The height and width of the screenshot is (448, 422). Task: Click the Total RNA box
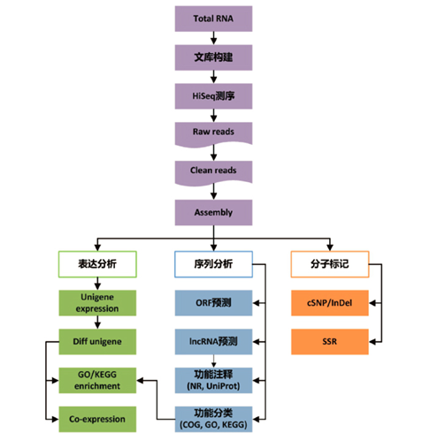pos(211,19)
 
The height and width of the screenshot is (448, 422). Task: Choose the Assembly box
pos(211,212)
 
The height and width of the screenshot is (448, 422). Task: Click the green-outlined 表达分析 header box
pos(97,262)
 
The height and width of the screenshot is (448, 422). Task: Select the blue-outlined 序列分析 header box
pos(211,262)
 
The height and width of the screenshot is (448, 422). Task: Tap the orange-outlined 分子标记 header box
pos(329,262)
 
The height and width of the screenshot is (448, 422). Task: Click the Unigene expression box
pos(97,302)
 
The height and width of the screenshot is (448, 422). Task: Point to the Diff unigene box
pos(97,341)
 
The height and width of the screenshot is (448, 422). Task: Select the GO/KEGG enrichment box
pos(97,380)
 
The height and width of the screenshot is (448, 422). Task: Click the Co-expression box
pos(97,419)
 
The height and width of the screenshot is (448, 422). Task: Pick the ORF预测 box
pos(211,302)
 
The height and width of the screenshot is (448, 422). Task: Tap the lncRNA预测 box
pos(211,341)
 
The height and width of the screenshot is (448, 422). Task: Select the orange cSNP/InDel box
pos(329,302)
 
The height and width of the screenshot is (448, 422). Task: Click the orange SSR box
pos(329,341)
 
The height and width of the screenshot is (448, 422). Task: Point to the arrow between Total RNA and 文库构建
pos(211,38)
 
